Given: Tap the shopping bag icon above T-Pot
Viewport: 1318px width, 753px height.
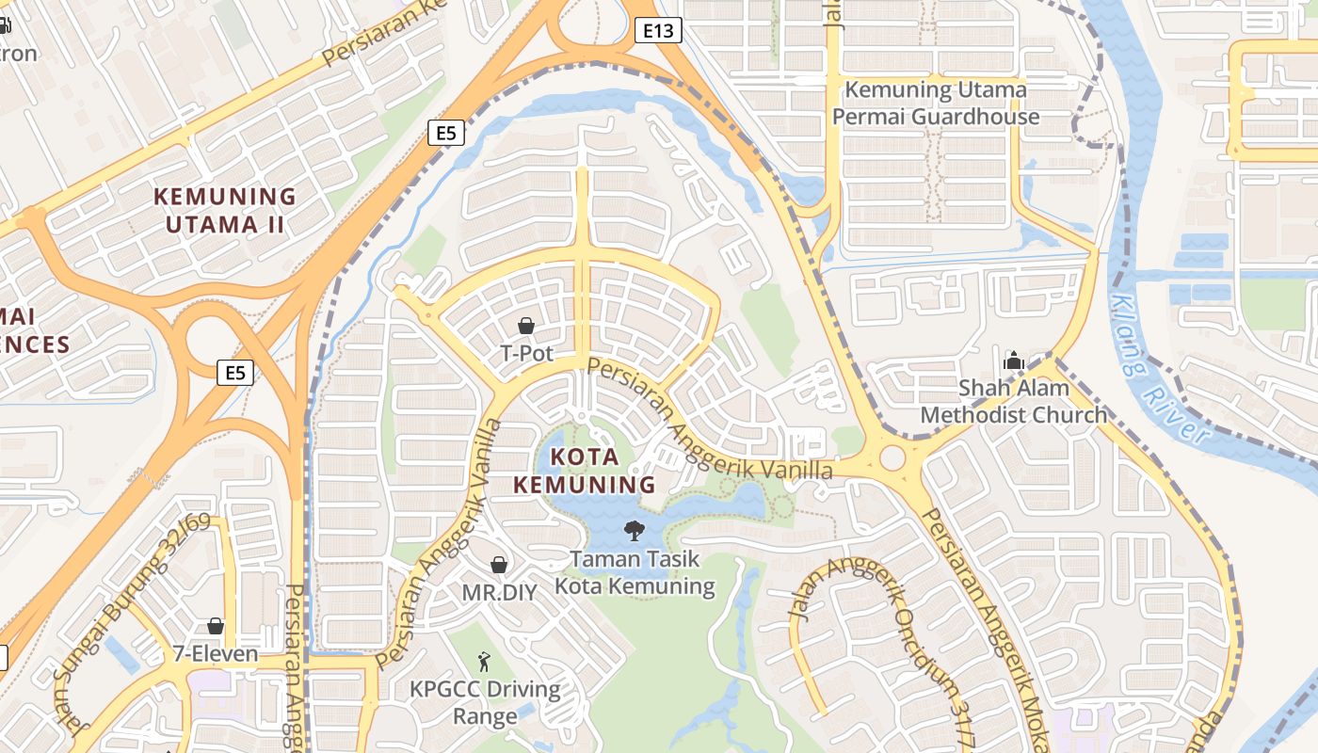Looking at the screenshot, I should click(x=526, y=326).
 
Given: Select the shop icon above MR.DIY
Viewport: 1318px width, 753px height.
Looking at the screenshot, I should click(x=499, y=565).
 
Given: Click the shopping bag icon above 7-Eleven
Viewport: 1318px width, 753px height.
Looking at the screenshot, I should click(x=216, y=626).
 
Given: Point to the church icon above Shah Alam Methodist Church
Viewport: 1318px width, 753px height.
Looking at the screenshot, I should click(x=1014, y=360).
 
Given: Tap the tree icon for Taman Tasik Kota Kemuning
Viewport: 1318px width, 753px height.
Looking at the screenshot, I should click(x=635, y=531).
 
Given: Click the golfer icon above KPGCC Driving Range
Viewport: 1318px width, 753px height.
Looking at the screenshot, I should click(x=484, y=661).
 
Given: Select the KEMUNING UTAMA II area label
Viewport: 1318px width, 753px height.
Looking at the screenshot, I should click(x=225, y=210).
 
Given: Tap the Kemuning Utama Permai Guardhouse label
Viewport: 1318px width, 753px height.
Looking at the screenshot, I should click(x=936, y=104).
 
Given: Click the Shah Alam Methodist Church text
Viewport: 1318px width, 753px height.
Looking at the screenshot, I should click(x=1014, y=401).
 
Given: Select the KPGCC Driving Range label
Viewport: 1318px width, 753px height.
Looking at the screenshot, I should click(x=485, y=702).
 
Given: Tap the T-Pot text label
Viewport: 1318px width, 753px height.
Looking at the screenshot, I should click(x=526, y=354).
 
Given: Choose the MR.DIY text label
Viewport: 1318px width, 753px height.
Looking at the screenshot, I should click(x=499, y=593).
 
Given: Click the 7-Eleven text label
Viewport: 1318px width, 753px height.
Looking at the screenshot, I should click(x=216, y=653).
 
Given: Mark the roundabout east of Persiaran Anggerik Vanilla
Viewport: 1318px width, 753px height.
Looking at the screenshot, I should click(x=891, y=458).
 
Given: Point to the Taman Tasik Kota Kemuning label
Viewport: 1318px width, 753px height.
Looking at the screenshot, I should click(x=635, y=572).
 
